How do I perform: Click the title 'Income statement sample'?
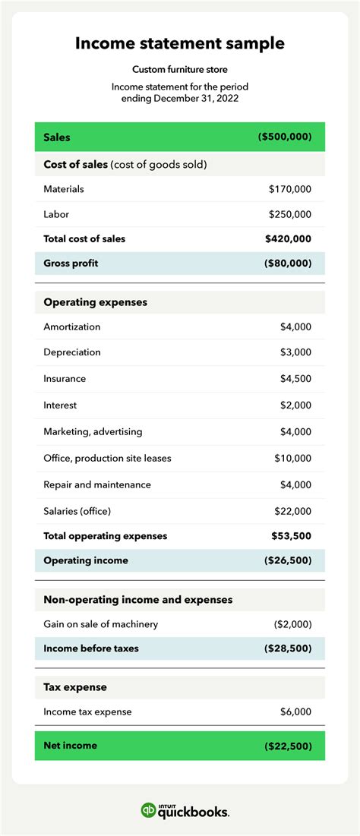click(x=180, y=43)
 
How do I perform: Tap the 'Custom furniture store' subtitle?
click(x=180, y=70)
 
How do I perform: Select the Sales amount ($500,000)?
click(x=285, y=137)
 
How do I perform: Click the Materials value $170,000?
click(x=290, y=189)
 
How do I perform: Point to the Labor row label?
click(x=56, y=215)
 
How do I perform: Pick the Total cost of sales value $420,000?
click(x=289, y=238)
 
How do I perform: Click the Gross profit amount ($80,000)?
click(x=287, y=263)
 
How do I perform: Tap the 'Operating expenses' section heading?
click(x=96, y=302)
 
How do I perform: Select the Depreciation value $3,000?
click(x=295, y=352)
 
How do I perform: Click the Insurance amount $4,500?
click(x=295, y=379)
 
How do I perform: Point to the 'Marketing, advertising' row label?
click(x=93, y=431)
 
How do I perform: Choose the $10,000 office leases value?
click(x=293, y=458)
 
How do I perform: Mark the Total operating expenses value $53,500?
click(x=292, y=536)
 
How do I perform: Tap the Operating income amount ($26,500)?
click(x=287, y=560)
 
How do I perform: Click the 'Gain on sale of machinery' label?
click(x=101, y=624)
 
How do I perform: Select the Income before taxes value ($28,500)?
click(x=287, y=648)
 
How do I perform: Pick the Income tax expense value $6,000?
click(x=295, y=711)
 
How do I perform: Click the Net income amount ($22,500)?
click(x=288, y=746)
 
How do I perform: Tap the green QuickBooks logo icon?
click(x=150, y=810)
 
